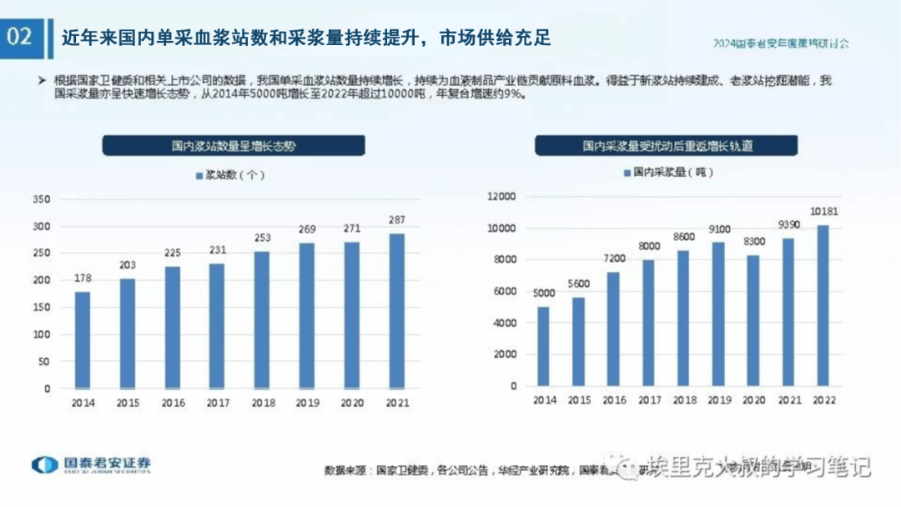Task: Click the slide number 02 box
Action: point(22,38)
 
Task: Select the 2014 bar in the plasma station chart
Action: point(83,339)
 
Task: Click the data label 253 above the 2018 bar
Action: point(262,238)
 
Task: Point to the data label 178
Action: point(83,278)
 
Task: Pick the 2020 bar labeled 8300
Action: point(753,320)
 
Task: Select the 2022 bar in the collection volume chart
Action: point(823,305)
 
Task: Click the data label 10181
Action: point(823,212)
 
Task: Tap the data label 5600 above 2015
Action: point(578,284)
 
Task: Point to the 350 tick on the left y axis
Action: point(41,199)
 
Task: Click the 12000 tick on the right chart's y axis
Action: point(502,197)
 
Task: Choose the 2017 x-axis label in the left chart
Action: point(217,403)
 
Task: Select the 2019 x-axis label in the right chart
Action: point(718,400)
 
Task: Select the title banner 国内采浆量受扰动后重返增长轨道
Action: point(667,145)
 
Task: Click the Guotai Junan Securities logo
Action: point(92,465)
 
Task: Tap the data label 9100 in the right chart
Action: point(718,228)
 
